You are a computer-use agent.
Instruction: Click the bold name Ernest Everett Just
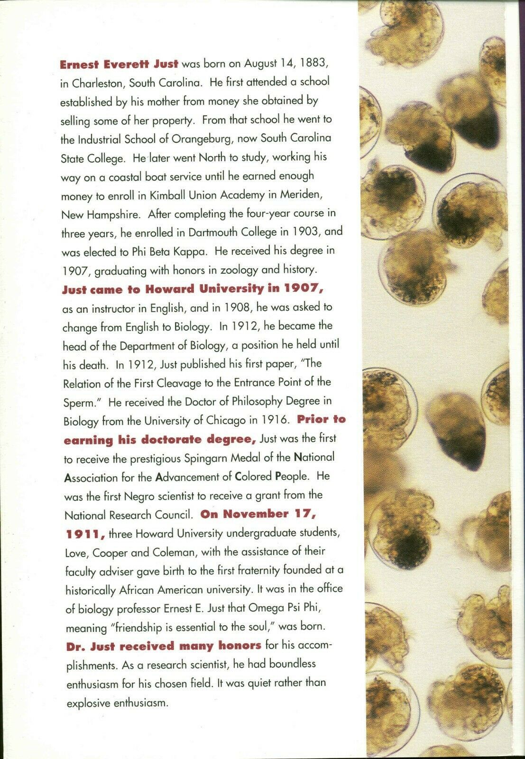[119, 64]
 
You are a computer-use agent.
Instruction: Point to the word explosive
[88, 702]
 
